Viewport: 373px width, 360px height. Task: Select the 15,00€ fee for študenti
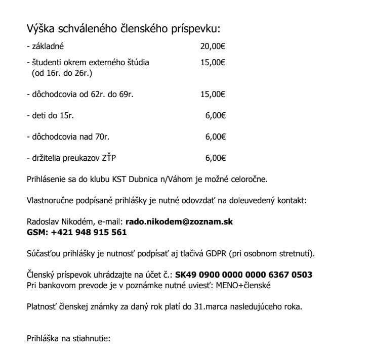coord(213,63)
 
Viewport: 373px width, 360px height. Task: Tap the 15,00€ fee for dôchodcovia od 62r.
coord(213,94)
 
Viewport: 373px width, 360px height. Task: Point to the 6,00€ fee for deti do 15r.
coord(215,115)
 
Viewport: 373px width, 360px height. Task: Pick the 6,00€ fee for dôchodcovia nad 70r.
coord(215,137)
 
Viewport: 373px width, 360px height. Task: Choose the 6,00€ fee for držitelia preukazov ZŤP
coord(215,158)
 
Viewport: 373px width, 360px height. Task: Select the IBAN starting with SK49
coord(243,275)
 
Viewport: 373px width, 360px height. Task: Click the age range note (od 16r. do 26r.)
coord(58,73)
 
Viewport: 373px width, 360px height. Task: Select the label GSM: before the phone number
coord(36,232)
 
